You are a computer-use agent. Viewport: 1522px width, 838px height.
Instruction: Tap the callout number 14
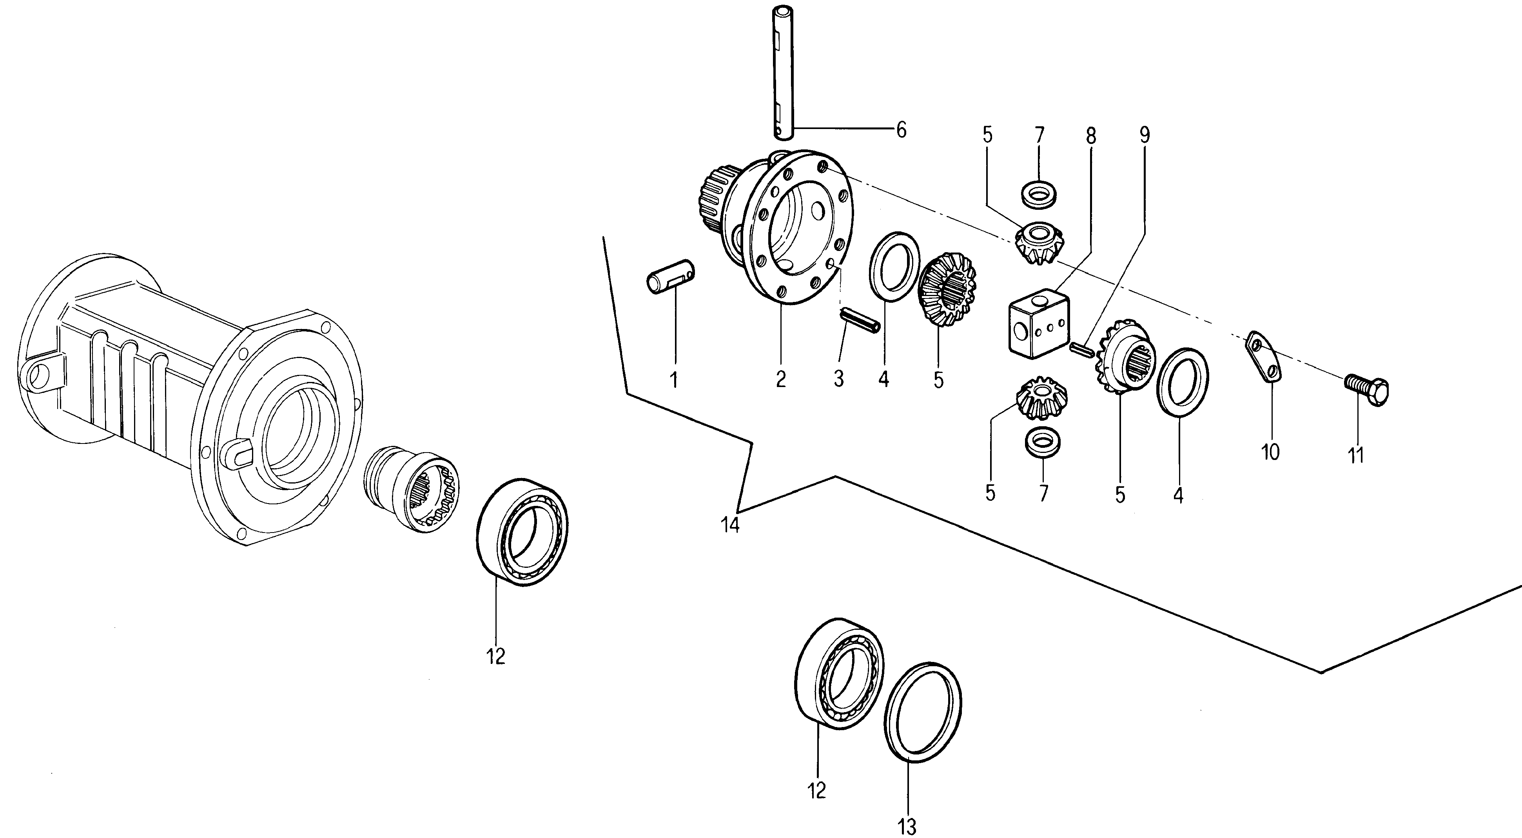point(730,525)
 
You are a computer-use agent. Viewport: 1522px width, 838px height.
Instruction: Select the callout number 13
point(907,827)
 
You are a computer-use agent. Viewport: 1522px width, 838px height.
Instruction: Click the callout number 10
point(1270,452)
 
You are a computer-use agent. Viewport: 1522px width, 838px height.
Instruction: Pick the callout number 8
point(1091,136)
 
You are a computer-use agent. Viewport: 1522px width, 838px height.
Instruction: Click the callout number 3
point(839,379)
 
